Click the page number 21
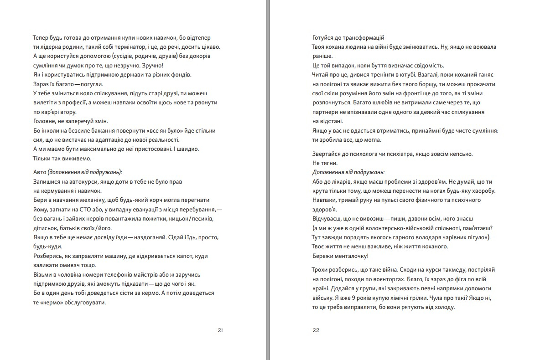click(x=220, y=330)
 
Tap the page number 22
click(x=316, y=330)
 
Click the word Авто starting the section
click(x=39, y=172)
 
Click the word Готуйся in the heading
click(x=324, y=37)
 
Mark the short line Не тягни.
click(x=325, y=163)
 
